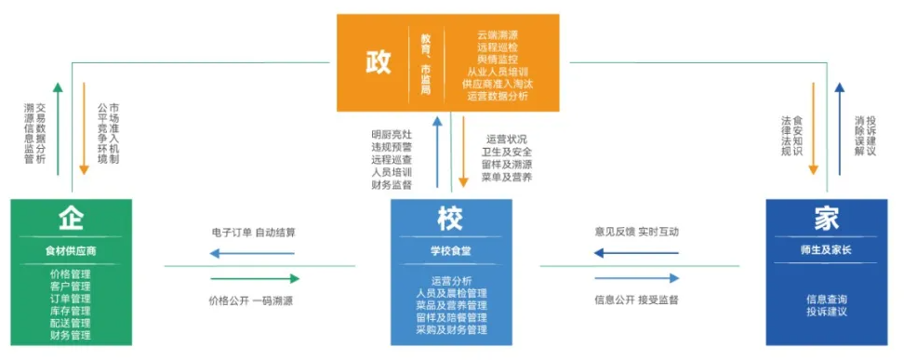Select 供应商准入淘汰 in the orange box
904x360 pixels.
point(497,84)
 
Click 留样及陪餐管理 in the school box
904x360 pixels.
point(451,317)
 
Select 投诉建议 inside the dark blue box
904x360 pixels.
point(827,312)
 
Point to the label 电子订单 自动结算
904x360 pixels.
point(252,232)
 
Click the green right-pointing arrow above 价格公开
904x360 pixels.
point(254,278)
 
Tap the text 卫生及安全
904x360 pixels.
point(507,152)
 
